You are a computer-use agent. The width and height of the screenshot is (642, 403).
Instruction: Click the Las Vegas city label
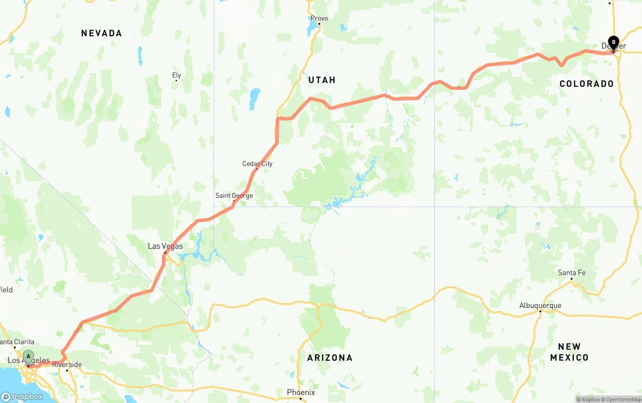(165, 246)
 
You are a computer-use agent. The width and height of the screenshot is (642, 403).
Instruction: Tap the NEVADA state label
(101, 33)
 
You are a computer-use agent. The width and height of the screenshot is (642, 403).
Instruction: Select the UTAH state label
(322, 80)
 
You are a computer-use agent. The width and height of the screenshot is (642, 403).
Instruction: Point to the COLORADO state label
(586, 84)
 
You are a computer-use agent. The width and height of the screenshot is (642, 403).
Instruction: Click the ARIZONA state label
(330, 358)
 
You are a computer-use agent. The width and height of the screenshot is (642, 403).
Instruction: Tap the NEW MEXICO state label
(569, 352)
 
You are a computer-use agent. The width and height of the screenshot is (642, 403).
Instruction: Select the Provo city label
(319, 19)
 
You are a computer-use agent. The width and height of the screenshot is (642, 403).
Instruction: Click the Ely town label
(177, 76)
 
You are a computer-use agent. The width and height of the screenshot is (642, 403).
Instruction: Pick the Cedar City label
(257, 164)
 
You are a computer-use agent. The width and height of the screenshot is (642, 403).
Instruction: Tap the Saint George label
(234, 196)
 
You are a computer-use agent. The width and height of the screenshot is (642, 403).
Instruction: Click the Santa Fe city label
(571, 273)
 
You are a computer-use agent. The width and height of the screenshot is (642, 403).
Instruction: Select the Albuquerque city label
(540, 306)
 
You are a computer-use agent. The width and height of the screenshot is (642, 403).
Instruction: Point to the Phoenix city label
(301, 392)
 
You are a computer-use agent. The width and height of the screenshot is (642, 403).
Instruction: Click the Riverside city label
(67, 365)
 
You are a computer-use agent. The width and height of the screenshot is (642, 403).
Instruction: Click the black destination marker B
(613, 43)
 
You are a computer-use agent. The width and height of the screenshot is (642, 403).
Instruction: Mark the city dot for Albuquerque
(540, 312)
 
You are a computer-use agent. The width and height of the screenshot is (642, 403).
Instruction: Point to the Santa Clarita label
(17, 342)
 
